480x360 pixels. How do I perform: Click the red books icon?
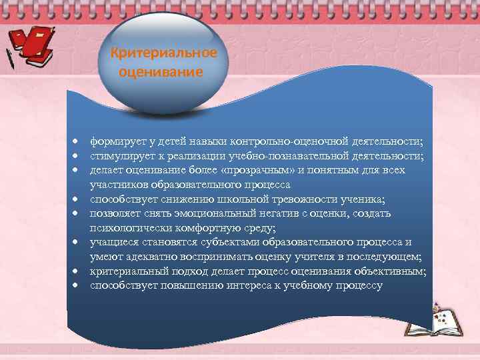tap(36, 44)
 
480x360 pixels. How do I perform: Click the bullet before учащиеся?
tap(77, 243)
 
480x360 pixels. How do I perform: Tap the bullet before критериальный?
tap(77, 271)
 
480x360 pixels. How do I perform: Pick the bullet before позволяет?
tap(77, 214)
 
